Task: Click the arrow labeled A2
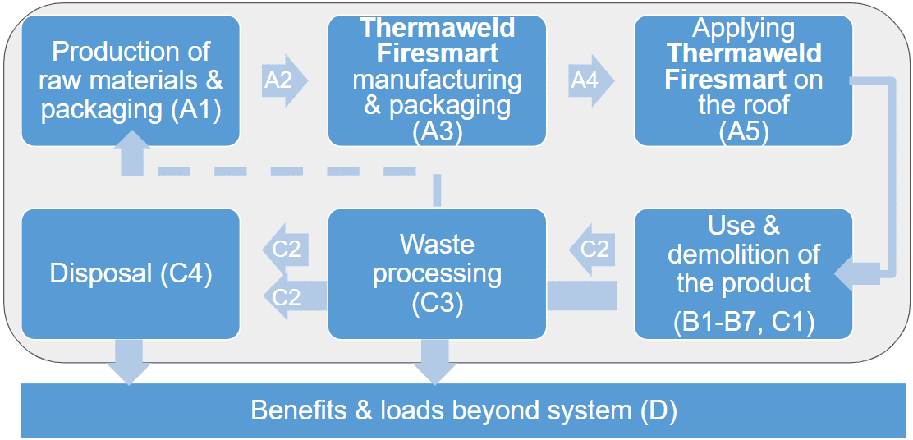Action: coord(284,80)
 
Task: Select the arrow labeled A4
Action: coord(590,80)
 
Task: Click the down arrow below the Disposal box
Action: coord(130,360)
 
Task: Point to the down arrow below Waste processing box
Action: coord(436,360)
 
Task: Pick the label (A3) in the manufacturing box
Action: coord(436,132)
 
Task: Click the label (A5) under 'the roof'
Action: coord(743,132)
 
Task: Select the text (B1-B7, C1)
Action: coord(744,322)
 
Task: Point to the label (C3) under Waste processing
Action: coord(436,302)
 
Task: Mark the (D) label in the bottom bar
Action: coord(657,410)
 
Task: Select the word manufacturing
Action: coord(436,80)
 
